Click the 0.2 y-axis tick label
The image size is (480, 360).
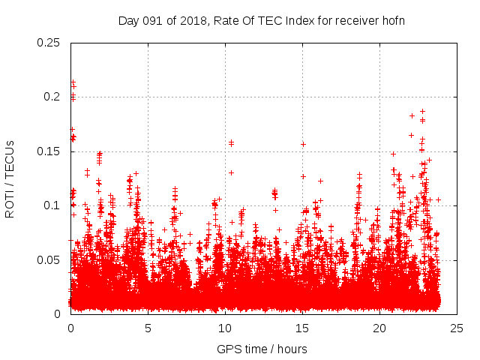[x=52, y=97]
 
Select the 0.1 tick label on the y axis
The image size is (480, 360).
[x=52, y=205]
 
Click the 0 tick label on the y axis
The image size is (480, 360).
[x=59, y=314]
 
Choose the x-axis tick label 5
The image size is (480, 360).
[x=148, y=328]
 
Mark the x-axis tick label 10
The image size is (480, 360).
[x=225, y=328]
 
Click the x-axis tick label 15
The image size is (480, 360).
[x=302, y=328]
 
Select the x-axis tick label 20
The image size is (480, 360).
[x=379, y=328]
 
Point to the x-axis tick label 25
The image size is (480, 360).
[x=457, y=328]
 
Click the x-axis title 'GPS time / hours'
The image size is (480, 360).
[x=262, y=349]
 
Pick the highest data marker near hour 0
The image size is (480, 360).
[x=73, y=81]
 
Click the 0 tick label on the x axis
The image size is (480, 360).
[x=70, y=328]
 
